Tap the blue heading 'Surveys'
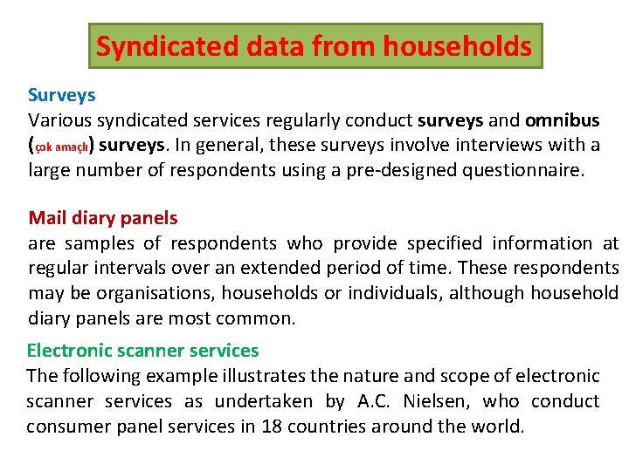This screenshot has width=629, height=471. click(x=61, y=94)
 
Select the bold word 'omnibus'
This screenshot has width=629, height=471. click(x=563, y=119)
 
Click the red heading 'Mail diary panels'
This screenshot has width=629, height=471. click(x=103, y=218)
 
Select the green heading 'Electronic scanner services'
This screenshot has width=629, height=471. click(x=142, y=351)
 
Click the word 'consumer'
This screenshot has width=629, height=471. click(x=66, y=427)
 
